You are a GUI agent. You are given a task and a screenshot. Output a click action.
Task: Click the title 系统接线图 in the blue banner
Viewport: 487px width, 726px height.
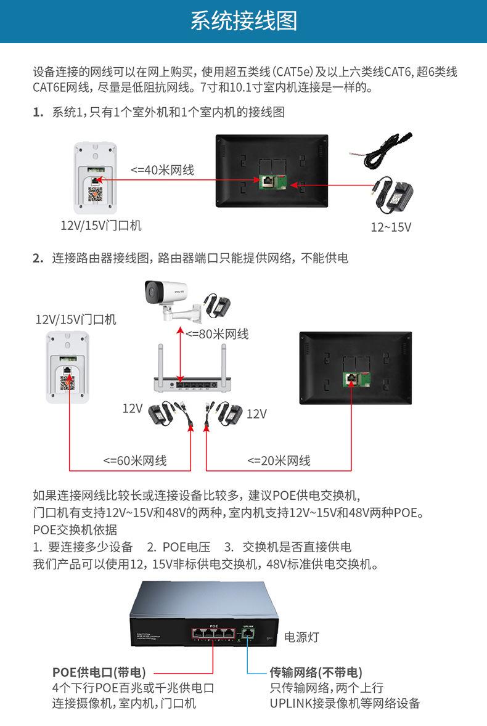tap(243, 22)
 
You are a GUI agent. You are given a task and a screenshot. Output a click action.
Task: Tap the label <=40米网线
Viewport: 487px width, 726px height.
tap(162, 170)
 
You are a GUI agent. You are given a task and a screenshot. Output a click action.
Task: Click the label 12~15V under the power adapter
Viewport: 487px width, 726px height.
tap(391, 227)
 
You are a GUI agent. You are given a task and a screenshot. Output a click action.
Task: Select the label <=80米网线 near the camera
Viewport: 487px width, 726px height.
tap(217, 334)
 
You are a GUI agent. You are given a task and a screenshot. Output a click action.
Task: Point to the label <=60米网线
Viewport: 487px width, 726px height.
tap(134, 460)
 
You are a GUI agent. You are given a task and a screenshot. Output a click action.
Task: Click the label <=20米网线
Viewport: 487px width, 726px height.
tap(279, 460)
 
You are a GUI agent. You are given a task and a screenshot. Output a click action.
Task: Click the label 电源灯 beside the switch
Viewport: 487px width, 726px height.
tap(301, 637)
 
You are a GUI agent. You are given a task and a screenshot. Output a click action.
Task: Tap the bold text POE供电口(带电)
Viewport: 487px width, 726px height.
tap(99, 672)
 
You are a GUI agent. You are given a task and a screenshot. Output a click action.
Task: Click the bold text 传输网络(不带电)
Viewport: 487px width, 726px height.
tap(316, 672)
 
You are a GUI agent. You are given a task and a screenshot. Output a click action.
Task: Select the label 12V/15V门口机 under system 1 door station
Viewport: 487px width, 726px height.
tap(100, 226)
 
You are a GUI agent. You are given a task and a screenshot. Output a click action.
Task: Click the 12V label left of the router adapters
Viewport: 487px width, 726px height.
tap(133, 408)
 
